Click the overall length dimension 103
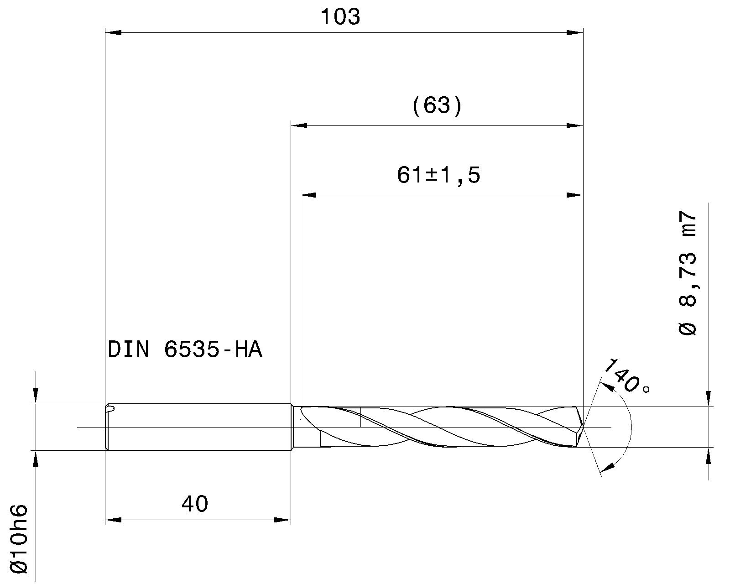[340, 17]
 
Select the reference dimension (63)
[437, 106]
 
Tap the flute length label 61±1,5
[438, 175]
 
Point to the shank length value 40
[195, 504]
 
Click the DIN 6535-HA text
[185, 350]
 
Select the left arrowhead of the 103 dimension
[113, 33]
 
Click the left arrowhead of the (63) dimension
[299, 125]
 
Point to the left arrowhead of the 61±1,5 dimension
[308, 195]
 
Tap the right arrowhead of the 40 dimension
[283, 520]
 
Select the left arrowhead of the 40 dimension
[113, 520]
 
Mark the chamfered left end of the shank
[108, 427]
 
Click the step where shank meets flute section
[292, 427]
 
